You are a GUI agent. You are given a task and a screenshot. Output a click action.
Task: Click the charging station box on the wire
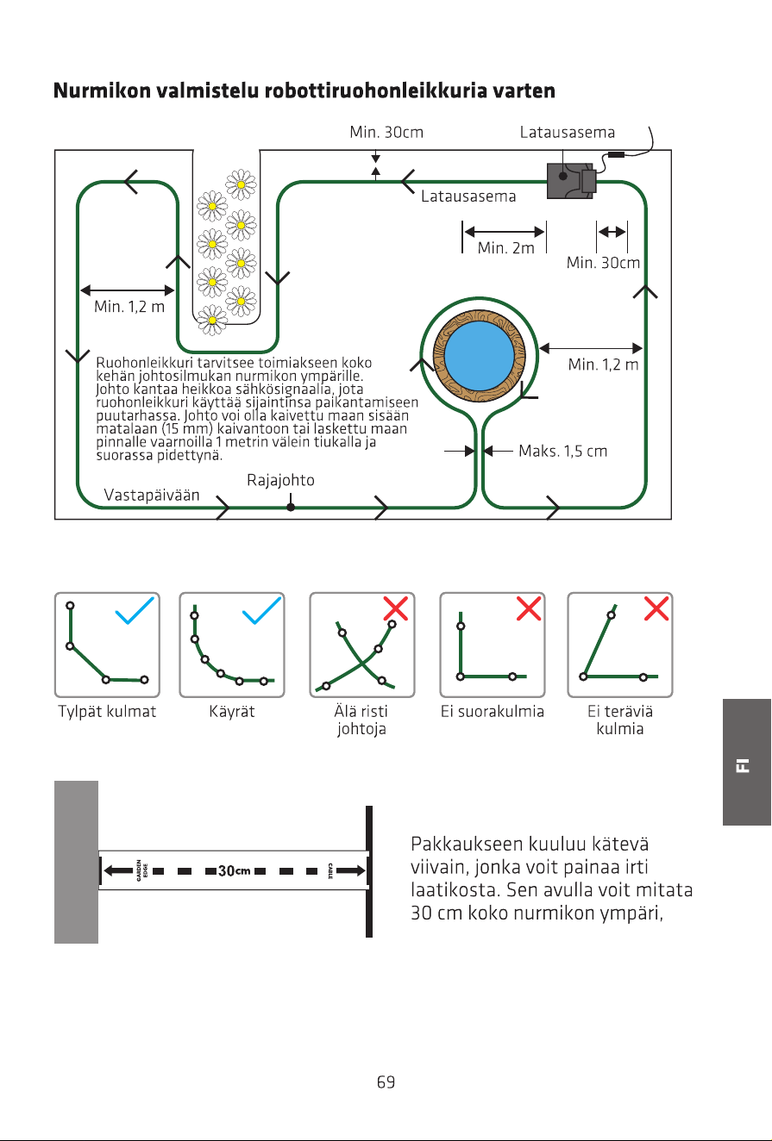[571, 180]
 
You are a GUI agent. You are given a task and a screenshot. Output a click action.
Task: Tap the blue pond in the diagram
[479, 355]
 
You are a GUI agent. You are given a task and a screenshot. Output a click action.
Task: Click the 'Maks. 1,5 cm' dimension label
[562, 451]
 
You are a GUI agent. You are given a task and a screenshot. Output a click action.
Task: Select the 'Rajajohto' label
[280, 480]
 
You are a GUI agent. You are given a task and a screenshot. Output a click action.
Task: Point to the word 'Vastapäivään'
[152, 495]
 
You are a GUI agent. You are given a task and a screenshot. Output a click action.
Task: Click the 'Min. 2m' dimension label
[505, 248]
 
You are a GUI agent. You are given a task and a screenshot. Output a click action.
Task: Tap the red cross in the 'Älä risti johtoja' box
[396, 608]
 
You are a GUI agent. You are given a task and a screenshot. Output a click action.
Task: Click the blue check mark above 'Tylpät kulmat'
[135, 610]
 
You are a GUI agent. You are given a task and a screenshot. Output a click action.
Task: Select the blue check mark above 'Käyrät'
[261, 610]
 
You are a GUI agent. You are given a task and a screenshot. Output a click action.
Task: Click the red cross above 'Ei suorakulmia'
[529, 608]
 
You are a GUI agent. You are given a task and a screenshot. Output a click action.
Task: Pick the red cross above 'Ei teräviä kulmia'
[656, 608]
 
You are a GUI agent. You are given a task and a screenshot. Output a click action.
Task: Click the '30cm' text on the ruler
[235, 871]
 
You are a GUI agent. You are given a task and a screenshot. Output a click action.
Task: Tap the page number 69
[386, 1082]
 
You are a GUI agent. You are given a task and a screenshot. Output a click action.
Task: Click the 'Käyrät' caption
[231, 711]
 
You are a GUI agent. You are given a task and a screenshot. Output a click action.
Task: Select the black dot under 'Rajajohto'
[291, 507]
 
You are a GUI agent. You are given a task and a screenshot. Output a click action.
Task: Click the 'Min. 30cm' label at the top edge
[386, 133]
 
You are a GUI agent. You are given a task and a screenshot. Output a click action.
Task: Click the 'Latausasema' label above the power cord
[567, 133]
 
